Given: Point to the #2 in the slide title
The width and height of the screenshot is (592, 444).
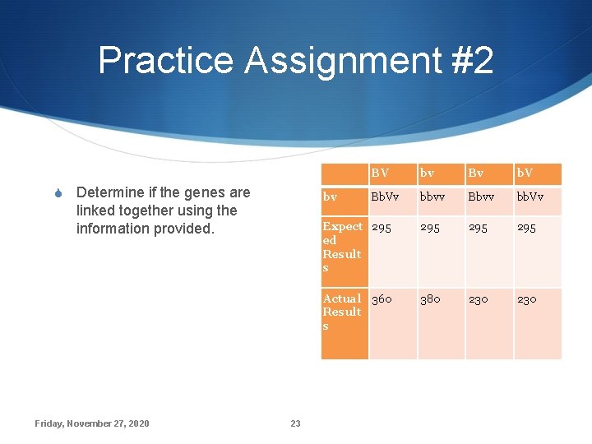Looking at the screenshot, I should pos(471,61).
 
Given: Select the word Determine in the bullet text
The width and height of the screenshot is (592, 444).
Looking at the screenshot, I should pos(109,192).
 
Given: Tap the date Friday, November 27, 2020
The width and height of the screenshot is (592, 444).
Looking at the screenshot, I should pos(92,423).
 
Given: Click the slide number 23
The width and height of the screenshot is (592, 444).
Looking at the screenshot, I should pos(295,423).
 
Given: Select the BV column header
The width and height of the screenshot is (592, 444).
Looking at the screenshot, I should pos(380,173).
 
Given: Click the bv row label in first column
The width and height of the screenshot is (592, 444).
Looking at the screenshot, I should pos(330,197).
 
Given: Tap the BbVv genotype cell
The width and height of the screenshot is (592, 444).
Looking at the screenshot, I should pos(386,197).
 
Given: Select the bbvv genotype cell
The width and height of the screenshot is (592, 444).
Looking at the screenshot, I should pos(435,197).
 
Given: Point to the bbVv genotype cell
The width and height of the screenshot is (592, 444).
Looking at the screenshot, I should pos(531,197).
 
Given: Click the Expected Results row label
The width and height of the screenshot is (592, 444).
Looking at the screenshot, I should pos(342,247).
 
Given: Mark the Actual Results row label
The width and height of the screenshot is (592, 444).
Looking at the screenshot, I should pos(342,312).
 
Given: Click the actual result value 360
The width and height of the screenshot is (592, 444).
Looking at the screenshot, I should pos(382,299).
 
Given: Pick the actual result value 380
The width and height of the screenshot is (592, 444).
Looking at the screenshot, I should pos(430,299).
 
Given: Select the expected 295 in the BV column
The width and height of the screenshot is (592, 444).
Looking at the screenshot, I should pos(382,227).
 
